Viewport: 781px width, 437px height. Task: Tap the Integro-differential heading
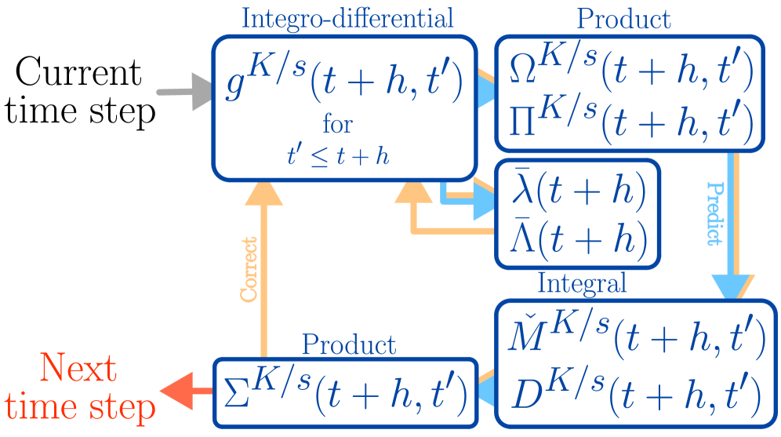point(347,17)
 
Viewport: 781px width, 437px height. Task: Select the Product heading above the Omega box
point(624,18)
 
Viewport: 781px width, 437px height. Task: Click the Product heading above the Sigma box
point(349,344)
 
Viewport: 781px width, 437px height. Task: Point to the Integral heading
point(582,282)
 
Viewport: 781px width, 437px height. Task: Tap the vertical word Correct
point(249,268)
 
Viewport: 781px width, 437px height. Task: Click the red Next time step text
point(79,388)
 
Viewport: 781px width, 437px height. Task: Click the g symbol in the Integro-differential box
point(235,88)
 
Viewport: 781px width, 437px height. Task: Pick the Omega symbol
point(520,72)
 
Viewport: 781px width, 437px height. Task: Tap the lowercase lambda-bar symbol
point(520,189)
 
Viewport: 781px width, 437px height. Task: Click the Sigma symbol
point(236,390)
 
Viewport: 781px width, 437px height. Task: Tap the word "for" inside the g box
point(337,124)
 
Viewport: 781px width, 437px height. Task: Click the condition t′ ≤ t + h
point(338,155)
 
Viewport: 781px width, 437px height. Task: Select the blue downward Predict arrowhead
point(733,286)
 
